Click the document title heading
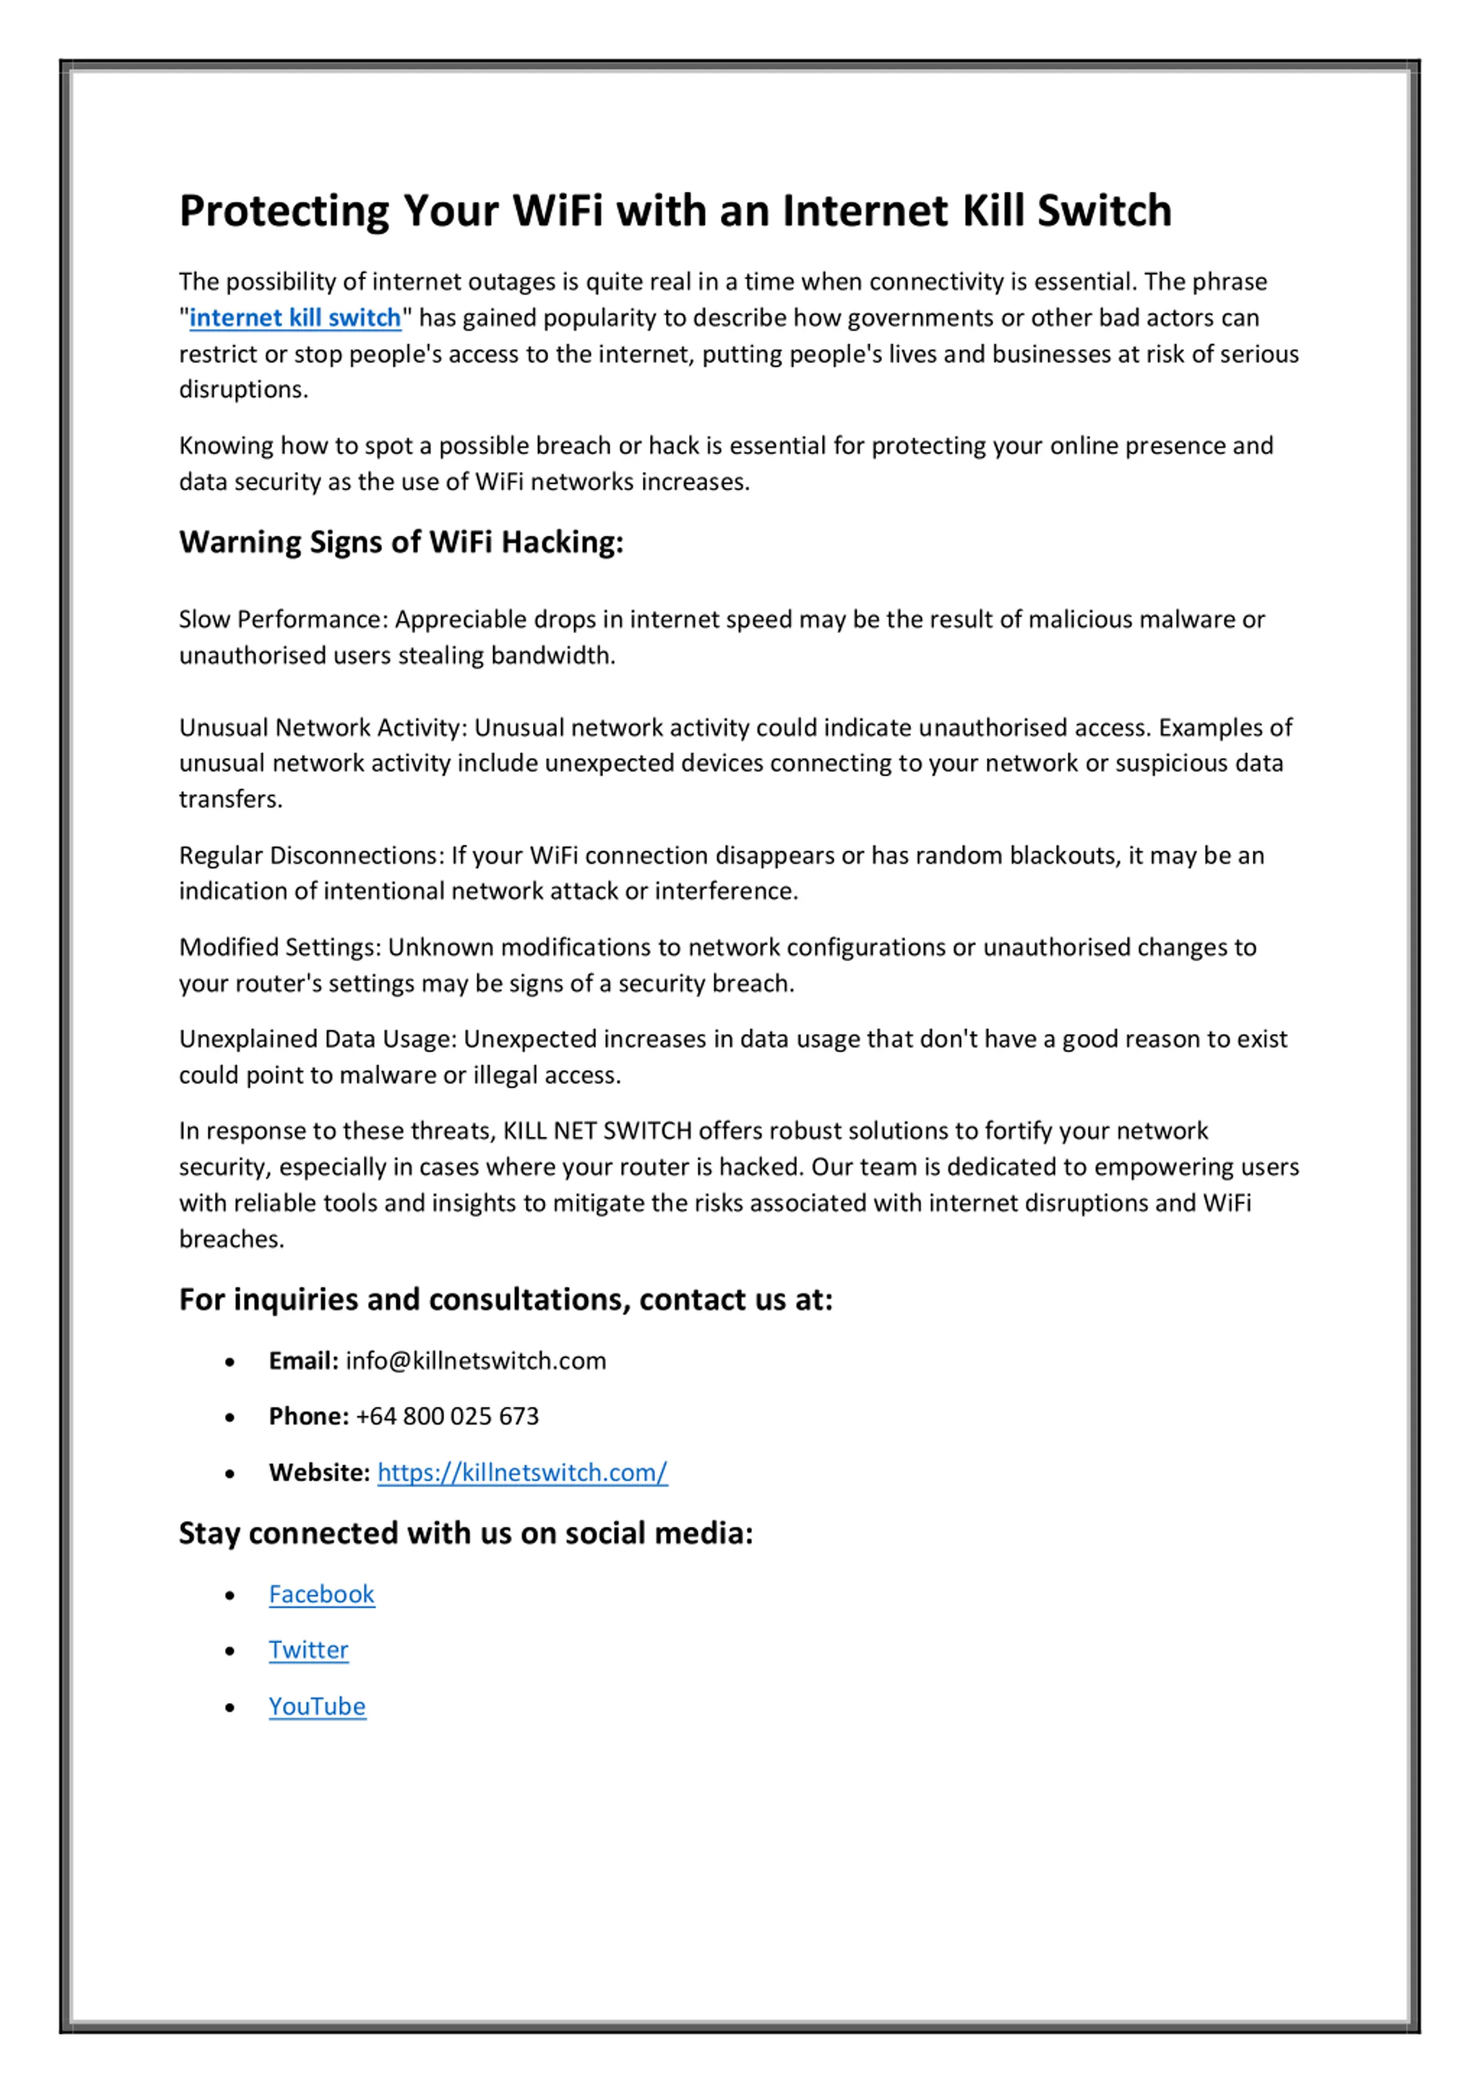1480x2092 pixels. pos(675,210)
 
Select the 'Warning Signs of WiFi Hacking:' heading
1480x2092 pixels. pos(401,542)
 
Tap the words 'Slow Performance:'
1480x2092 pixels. pos(283,620)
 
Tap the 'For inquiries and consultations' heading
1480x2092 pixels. pos(506,1299)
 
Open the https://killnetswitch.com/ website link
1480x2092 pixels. pos(522,1472)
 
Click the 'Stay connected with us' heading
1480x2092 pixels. pos(466,1534)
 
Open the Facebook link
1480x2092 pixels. pos(321,1594)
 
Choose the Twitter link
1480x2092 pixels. pos(308,1650)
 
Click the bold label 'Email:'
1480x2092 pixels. pos(302,1362)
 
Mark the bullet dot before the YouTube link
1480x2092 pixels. pos(230,1708)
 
